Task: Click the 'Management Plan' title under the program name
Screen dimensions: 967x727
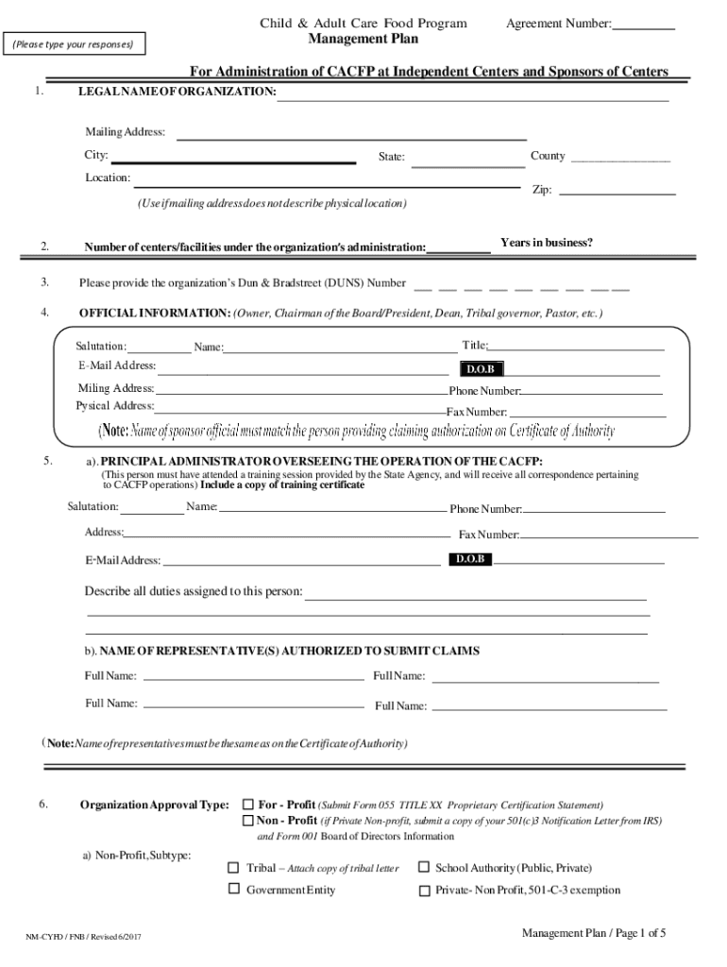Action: click(363, 40)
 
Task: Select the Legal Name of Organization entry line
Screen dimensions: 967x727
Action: click(472, 98)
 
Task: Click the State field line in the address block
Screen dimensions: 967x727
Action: click(468, 165)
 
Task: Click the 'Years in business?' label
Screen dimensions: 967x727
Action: click(547, 244)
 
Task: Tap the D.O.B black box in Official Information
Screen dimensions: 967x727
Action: click(482, 368)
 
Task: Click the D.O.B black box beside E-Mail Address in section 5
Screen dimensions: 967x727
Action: click(470, 559)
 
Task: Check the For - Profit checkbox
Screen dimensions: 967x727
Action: click(248, 805)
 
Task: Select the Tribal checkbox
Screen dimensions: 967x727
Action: click(233, 868)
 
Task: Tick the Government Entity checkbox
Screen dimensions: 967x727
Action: click(233, 890)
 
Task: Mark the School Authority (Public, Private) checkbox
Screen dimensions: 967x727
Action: click(425, 867)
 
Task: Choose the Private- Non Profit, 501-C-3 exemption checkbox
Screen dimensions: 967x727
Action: click(425, 890)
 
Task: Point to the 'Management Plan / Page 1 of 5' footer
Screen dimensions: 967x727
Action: click(594, 934)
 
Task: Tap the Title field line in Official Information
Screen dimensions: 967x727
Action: click(576, 349)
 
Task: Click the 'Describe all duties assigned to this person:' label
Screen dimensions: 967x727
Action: click(194, 591)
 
